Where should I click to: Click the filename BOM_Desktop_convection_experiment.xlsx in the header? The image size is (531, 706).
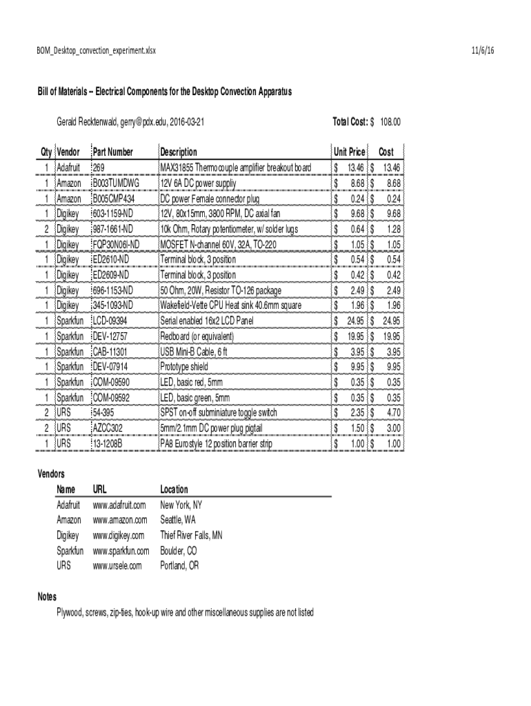tap(96, 51)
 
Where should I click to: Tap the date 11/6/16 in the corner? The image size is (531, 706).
tap(483, 51)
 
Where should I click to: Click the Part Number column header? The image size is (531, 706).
tap(113, 152)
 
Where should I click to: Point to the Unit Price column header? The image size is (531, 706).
tap(349, 152)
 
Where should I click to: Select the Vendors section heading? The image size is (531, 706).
tap(50, 474)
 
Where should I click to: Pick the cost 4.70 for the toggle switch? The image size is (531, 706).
tap(392, 412)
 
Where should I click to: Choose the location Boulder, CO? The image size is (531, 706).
tap(179, 551)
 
